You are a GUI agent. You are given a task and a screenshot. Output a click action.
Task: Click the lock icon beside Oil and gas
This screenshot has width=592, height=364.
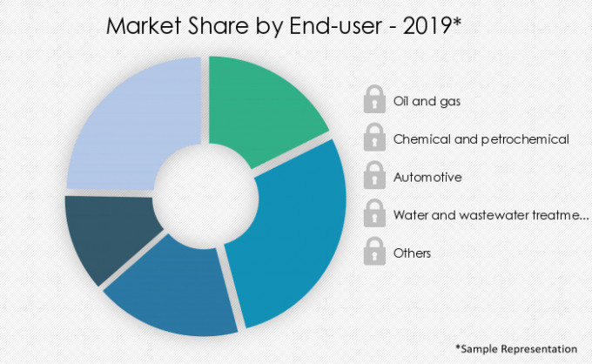pos(374,100)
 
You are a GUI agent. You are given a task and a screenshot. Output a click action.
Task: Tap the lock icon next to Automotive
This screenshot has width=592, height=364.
pos(374,176)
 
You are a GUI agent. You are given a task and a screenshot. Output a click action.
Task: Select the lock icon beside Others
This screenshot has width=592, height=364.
pos(374,252)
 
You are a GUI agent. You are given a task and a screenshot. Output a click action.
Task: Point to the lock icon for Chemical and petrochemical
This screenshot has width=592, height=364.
pos(374,138)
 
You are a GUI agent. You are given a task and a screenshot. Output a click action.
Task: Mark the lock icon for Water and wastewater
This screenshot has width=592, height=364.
pos(374,213)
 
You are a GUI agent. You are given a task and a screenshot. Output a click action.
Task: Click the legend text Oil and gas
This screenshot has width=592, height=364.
pos(427,101)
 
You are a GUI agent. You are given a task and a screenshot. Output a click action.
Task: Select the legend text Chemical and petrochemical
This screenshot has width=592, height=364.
pos(481,138)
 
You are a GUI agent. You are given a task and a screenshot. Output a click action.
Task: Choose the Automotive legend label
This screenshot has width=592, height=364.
pos(427,177)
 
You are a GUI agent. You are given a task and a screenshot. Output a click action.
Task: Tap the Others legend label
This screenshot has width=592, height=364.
pos(412,253)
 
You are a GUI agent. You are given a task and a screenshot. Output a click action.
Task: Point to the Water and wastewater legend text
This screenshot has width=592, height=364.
pos(491,214)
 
